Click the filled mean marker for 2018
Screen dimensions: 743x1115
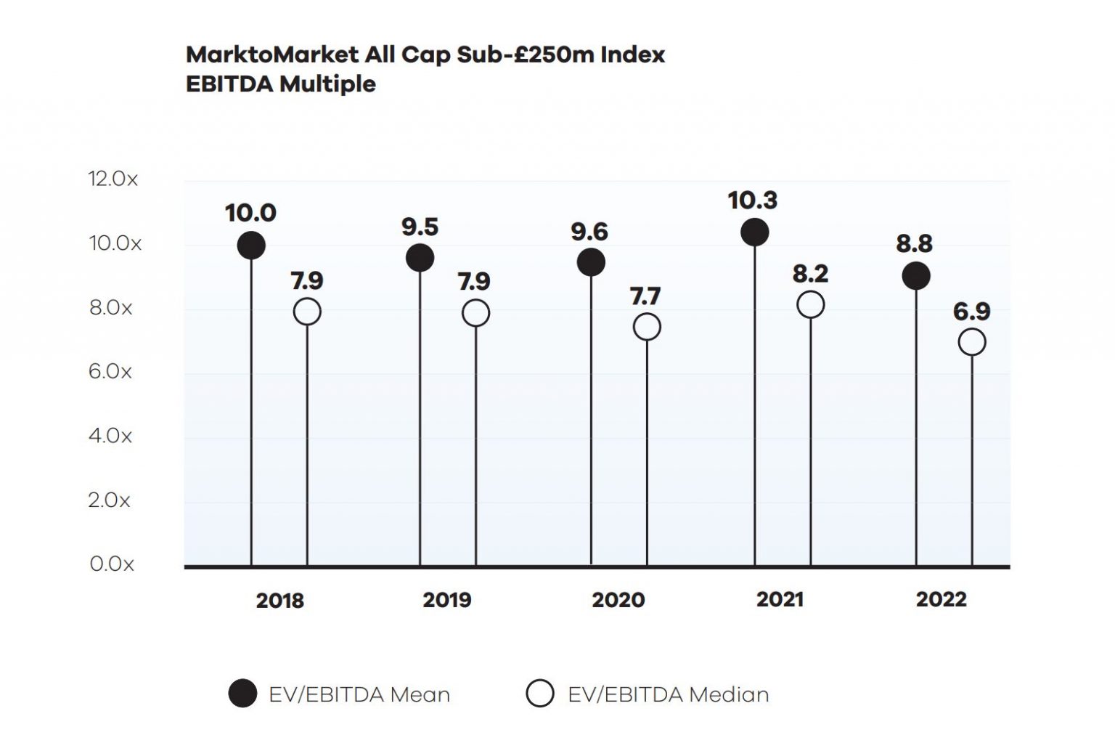coord(251,245)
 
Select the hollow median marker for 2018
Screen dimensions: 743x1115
coord(307,312)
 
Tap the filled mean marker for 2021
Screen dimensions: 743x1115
coord(754,232)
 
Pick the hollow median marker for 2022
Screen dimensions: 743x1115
coord(972,342)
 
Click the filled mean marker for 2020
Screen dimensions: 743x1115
coord(591,262)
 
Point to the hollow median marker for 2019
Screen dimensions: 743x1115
coord(475,313)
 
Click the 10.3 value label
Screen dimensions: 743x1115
coord(753,200)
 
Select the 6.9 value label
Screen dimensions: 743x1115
coord(971,312)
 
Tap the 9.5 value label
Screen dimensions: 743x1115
coord(420,227)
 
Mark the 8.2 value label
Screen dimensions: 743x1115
coord(810,274)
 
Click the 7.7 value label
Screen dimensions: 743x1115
coord(645,296)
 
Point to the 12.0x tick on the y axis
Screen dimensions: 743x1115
coord(113,179)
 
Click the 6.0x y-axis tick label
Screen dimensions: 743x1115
coord(110,372)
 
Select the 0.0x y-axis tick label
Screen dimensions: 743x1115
coord(112,564)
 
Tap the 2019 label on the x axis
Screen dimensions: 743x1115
coord(447,600)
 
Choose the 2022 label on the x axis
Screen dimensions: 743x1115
coord(941,599)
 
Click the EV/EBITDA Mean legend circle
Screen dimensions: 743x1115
coord(242,694)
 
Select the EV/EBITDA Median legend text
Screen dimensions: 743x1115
coord(668,694)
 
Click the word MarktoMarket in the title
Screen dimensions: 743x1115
coord(272,55)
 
